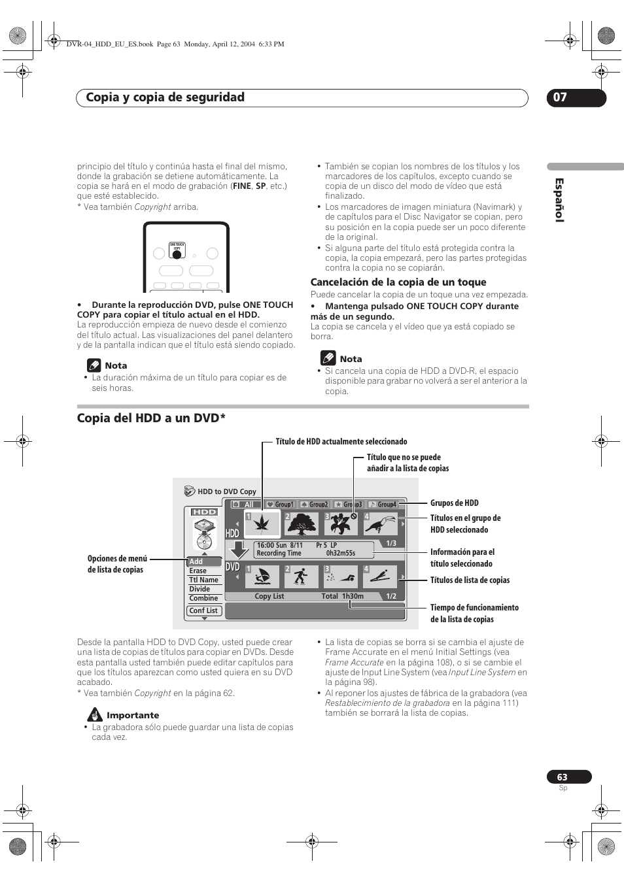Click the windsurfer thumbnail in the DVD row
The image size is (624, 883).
(x=262, y=577)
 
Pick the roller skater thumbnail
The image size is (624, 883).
(x=301, y=577)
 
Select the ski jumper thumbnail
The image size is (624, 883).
(x=381, y=577)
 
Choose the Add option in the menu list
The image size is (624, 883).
(x=196, y=561)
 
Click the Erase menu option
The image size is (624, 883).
(x=198, y=571)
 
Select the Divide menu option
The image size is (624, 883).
(x=199, y=589)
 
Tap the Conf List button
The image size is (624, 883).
(x=203, y=610)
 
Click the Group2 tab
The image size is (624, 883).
(x=315, y=505)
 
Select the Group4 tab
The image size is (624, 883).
(x=383, y=505)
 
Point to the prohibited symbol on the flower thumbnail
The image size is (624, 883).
(x=353, y=516)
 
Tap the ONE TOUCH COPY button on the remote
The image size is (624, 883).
(x=177, y=255)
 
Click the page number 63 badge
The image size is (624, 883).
(x=569, y=777)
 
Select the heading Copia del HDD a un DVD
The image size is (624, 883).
(x=151, y=418)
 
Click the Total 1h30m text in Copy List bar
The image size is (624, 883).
(x=342, y=596)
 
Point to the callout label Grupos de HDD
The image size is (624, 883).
(x=455, y=503)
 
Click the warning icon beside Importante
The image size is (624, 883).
(x=95, y=715)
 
